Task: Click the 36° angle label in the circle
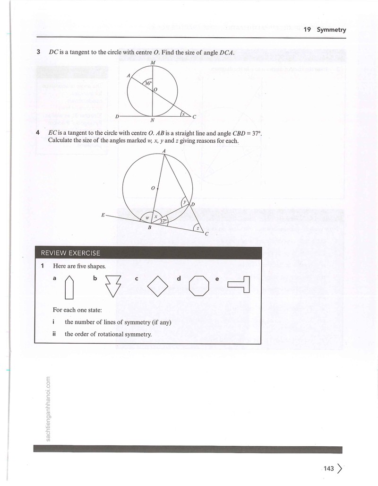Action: pos(148,83)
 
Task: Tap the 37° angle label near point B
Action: pos(163,221)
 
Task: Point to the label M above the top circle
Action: pos(153,62)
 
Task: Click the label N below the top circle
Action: pos(153,120)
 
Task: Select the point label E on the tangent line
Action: pos(103,215)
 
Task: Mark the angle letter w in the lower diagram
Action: pos(147,218)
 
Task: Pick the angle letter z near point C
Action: pos(197,228)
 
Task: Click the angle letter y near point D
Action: pos(185,202)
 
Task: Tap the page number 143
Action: pos(328,469)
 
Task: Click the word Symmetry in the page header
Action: pos(331,30)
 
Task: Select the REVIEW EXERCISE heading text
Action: pos(71,253)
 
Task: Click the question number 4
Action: pos(38,133)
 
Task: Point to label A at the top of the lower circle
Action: pos(164,151)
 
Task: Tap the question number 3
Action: pos(38,52)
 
